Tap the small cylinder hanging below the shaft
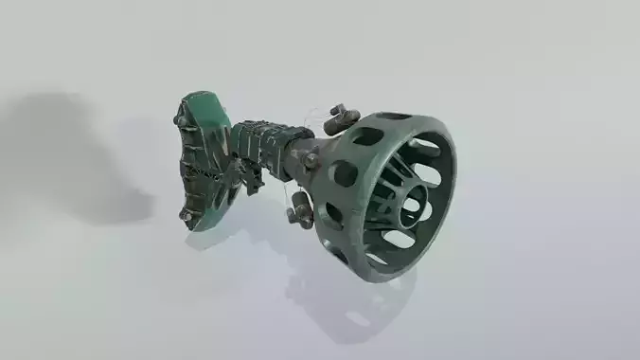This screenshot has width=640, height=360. coord(301,209)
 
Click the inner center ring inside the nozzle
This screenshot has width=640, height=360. coord(413,204)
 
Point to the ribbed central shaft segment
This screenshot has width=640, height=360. coord(259,149)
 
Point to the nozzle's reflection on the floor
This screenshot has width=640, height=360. coord(350,303)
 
